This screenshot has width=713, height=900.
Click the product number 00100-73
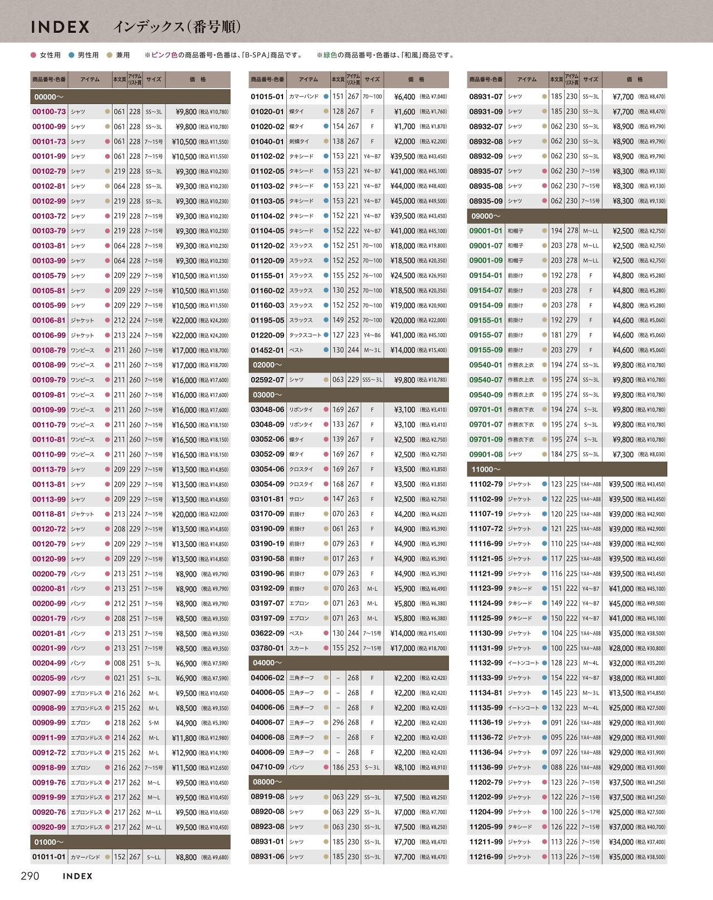(49, 112)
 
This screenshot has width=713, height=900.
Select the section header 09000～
(486, 216)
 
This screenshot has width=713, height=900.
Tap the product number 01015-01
(267, 97)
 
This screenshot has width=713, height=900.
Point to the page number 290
(30, 876)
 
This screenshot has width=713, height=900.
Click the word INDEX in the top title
(60, 27)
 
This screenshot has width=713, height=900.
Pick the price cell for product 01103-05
(419, 201)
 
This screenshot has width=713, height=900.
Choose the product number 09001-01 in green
(486, 231)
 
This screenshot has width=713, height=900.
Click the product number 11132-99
(486, 663)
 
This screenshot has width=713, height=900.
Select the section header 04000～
(268, 663)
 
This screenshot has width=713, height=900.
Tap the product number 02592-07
(267, 380)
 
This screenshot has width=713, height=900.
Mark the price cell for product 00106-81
(200, 321)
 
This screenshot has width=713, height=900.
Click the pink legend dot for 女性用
(33, 55)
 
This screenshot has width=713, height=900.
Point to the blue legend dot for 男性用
(71, 55)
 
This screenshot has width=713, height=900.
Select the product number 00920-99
(49, 828)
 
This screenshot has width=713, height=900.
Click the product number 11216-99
(486, 857)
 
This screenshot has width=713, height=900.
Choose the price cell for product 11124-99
(637, 604)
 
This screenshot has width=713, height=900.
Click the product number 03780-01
(267, 648)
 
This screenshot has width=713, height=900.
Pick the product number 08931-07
(486, 97)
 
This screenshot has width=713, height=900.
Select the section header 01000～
(49, 843)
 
